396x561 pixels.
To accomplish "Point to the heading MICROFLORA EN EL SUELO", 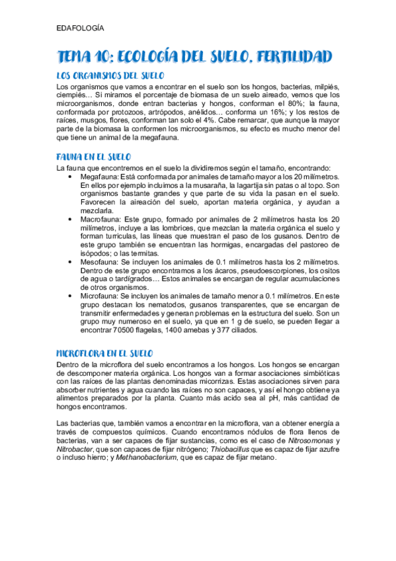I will click(104, 353).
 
